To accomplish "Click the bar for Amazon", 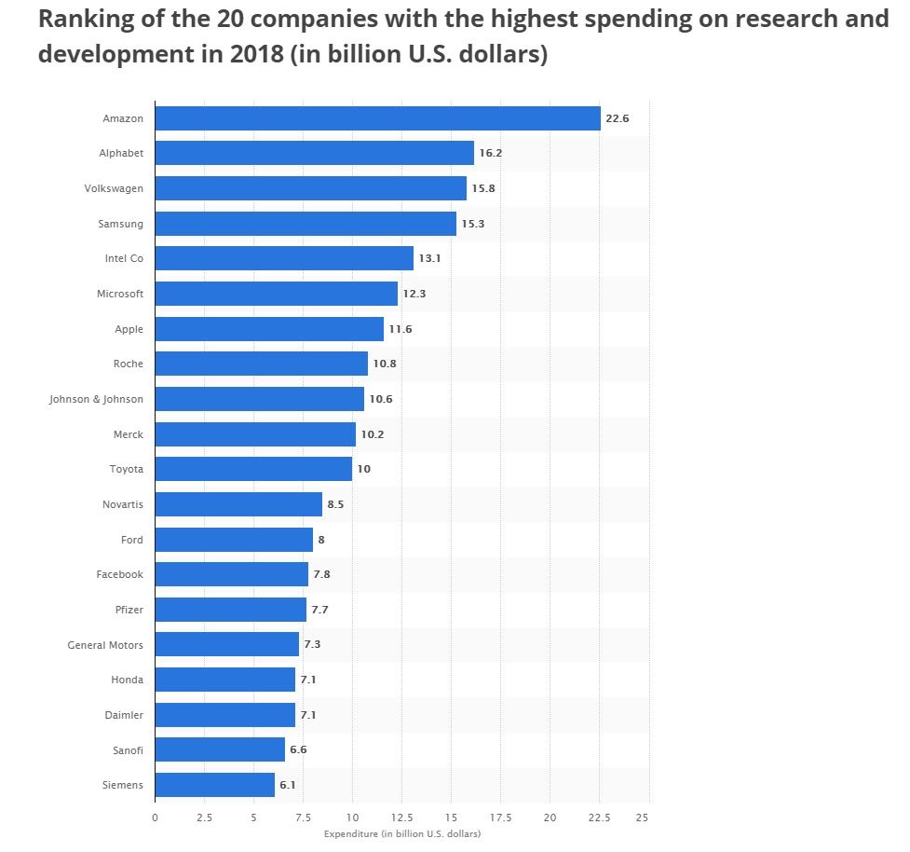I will pyautogui.click(x=377, y=118).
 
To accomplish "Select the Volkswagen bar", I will pyautogui.click(x=310, y=188).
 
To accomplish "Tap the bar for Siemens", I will pyautogui.click(x=214, y=785).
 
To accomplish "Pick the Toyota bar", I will pyautogui.click(x=253, y=469).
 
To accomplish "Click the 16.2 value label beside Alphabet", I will pyautogui.click(x=490, y=153).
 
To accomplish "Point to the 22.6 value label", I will pyautogui.click(x=618, y=118).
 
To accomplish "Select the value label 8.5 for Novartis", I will pyautogui.click(x=336, y=504).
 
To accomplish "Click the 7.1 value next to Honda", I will pyautogui.click(x=307, y=680).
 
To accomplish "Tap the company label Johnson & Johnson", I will pyautogui.click(x=97, y=399).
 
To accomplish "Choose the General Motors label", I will pyautogui.click(x=105, y=644).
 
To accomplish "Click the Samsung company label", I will pyautogui.click(x=120, y=224).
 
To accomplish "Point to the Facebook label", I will pyautogui.click(x=119, y=574).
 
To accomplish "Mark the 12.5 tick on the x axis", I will pyautogui.click(x=401, y=818).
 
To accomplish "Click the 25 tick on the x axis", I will pyautogui.click(x=641, y=818).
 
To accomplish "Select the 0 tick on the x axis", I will pyautogui.click(x=155, y=818).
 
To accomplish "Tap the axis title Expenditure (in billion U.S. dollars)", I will pyautogui.click(x=402, y=833).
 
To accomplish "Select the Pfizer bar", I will pyautogui.click(x=230, y=610).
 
